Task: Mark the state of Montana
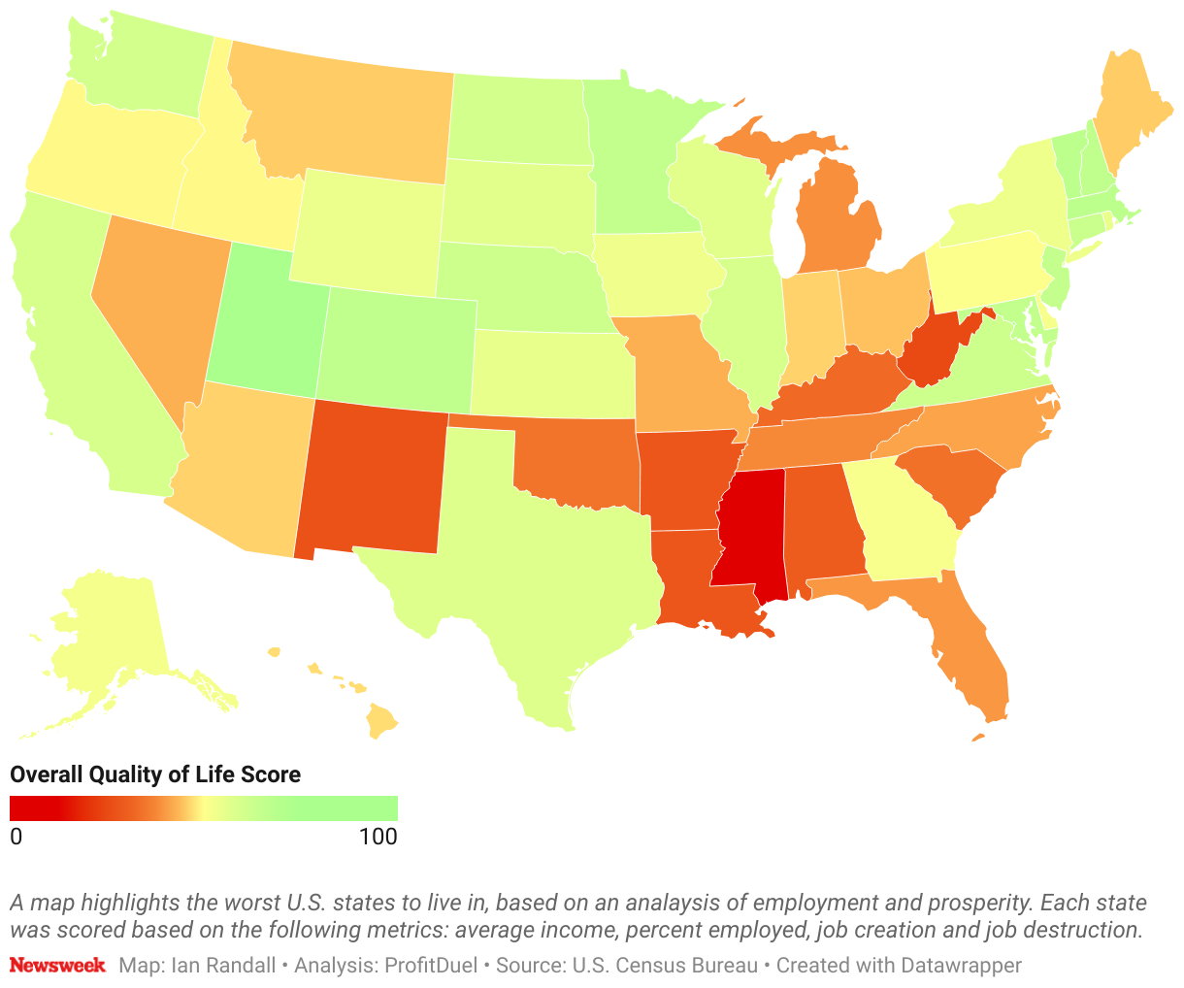349,116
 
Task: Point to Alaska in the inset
107,631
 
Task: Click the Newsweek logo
57,966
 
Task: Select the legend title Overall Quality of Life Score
155,774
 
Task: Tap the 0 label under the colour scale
16,837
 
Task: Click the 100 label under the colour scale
378,837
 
